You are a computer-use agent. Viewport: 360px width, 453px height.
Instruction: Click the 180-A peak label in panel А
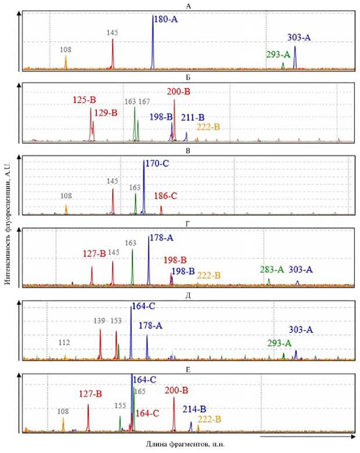coord(165,20)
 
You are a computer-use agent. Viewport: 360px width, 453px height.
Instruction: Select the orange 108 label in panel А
coord(66,50)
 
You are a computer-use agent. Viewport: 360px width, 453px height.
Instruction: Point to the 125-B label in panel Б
coord(84,100)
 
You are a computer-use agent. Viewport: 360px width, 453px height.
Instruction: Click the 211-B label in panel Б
coord(192,118)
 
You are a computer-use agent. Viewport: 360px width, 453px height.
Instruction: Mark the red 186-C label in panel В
coord(165,196)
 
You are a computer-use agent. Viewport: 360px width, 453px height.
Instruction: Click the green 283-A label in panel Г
coord(272,269)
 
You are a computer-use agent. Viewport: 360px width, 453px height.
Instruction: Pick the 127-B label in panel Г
coord(93,253)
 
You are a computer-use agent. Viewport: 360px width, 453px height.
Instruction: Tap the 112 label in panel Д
coord(64,343)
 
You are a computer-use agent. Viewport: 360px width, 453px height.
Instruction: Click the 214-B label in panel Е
coord(195,408)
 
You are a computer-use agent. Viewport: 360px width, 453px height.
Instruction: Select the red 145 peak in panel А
coord(113,55)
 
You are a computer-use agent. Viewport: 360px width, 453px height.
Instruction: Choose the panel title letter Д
coord(188,295)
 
